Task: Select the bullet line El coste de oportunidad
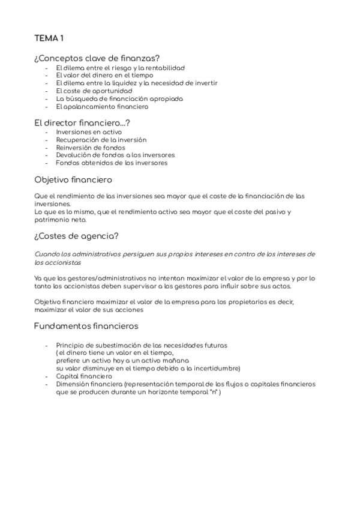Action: [94, 91]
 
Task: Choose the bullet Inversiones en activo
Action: [88, 131]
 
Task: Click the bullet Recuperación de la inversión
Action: [101, 139]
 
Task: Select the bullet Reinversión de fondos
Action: [91, 147]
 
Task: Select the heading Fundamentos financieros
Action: [86, 326]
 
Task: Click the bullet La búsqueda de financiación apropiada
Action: [119, 98]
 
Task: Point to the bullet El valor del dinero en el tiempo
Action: [104, 76]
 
